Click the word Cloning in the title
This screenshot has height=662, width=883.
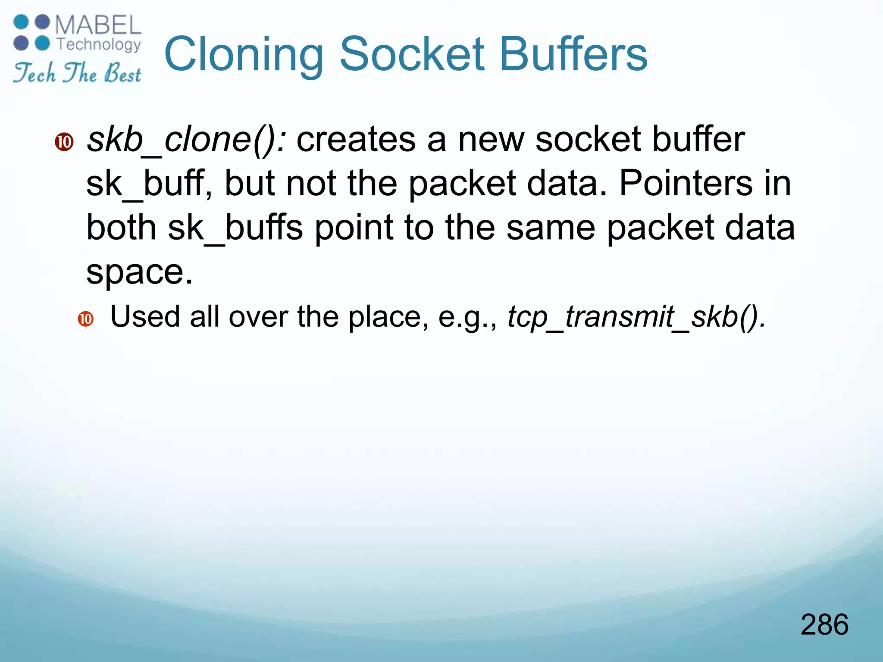pos(244,55)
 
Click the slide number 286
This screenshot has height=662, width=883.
pos(824,625)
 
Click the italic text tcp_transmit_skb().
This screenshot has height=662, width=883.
pos(636,317)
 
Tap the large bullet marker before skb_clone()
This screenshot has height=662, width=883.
pos(64,142)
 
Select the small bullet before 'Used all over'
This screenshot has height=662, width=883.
pos(86,319)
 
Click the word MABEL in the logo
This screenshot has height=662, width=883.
pos(98,25)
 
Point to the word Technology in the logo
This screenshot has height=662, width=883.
pos(99,44)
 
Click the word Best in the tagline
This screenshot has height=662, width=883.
pos(122,73)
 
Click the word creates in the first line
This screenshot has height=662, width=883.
pos(356,140)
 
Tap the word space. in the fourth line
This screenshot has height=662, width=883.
pos(139,272)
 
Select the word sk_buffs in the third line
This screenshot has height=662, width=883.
pos(235,228)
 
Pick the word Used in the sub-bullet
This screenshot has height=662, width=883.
pos(145,317)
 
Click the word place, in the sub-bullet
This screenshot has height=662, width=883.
pos(388,317)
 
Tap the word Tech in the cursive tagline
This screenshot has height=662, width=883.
pos(34,73)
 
